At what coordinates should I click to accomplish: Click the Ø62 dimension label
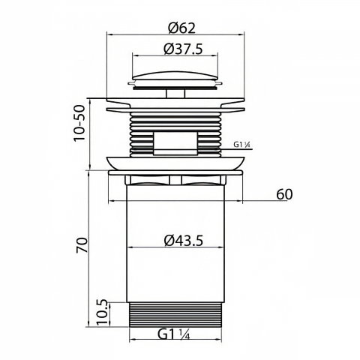click(x=181, y=28)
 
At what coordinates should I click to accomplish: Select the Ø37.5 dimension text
click(x=183, y=49)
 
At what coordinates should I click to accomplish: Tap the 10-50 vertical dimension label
click(x=79, y=123)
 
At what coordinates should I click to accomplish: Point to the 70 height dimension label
click(x=82, y=245)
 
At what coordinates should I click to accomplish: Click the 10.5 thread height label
click(x=103, y=313)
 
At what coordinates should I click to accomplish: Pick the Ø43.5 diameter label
click(x=184, y=241)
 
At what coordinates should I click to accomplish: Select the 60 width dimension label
click(x=284, y=194)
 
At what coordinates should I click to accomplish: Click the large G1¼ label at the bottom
click(x=174, y=334)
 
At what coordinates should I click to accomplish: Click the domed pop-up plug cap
click(x=175, y=79)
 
